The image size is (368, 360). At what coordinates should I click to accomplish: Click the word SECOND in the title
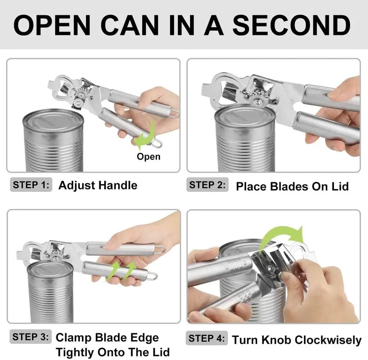(291, 25)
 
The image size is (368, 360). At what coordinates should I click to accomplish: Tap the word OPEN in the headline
(52, 25)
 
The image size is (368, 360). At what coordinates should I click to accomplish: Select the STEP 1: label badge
(31, 185)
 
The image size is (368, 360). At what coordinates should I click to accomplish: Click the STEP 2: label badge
(207, 185)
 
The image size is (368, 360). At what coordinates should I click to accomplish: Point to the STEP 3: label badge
(31, 337)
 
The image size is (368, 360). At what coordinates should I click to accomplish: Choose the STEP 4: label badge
(207, 338)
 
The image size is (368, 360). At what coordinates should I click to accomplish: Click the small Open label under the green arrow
(149, 157)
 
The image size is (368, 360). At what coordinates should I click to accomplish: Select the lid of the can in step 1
(53, 121)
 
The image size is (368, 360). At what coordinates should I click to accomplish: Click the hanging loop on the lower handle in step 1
(156, 143)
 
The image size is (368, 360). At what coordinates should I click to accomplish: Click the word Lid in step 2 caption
(340, 187)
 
